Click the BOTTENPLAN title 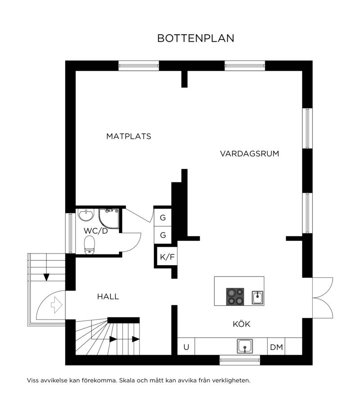[196, 38]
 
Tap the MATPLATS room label [129, 136]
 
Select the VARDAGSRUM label [249, 154]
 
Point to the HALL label [108, 297]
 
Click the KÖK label [242, 324]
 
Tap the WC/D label [96, 231]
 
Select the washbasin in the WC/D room [86, 215]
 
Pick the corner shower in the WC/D [109, 219]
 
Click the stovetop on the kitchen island [235, 297]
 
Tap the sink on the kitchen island [258, 298]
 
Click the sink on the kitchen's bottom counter [245, 347]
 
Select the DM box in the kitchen [276, 347]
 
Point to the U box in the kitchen [186, 347]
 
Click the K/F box [167, 257]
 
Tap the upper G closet [163, 218]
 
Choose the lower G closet [163, 235]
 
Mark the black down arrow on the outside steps [47, 277]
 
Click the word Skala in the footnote [127, 380]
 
